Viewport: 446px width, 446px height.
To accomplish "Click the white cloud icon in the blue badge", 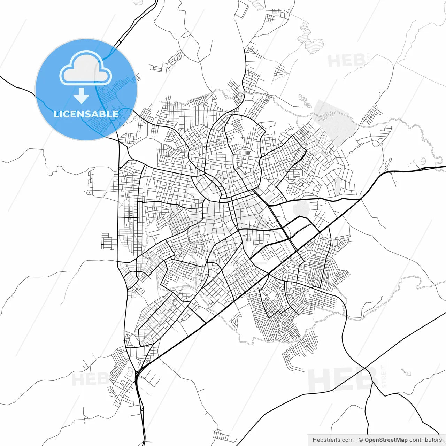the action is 86,68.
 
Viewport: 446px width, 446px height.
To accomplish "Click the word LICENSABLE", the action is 86,114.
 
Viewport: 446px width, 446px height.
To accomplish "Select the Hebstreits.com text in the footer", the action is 333,440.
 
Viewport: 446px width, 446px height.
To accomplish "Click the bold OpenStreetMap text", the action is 386,440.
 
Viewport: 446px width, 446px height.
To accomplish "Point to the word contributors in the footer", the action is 425,440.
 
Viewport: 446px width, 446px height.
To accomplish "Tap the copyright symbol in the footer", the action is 361,440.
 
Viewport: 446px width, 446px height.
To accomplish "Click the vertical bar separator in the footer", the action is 356,440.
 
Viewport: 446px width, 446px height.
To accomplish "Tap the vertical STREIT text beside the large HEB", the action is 384,377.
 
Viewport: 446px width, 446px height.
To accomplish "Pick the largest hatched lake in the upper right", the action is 314,45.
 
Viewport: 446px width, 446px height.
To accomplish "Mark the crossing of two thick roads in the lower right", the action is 364,368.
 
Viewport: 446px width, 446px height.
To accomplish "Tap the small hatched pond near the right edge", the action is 424,161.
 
